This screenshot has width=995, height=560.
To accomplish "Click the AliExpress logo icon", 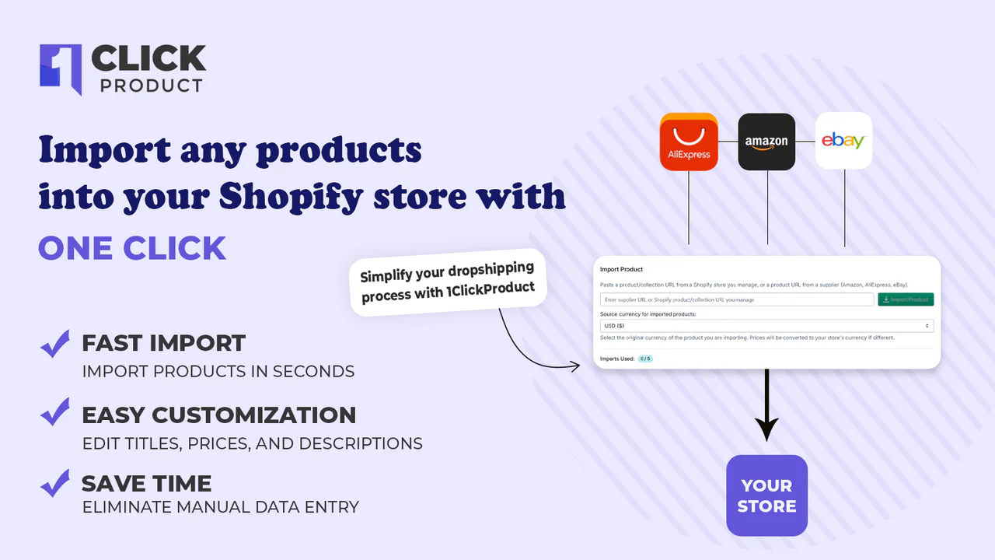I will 689,142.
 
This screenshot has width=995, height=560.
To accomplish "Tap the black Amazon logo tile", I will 766,142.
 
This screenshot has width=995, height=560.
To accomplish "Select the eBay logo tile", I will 843,141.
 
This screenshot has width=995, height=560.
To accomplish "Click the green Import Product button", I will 906,299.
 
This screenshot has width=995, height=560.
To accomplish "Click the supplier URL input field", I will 737,299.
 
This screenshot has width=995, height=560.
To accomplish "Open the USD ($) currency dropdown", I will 766,326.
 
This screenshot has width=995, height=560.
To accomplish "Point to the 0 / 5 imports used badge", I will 644,359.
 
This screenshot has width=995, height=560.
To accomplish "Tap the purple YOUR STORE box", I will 766,495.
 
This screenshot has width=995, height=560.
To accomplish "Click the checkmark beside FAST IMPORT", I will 55,344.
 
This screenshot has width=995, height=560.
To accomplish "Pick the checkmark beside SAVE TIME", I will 55,483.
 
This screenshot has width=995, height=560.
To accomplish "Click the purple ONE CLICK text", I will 132,248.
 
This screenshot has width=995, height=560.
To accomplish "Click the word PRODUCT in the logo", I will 152,86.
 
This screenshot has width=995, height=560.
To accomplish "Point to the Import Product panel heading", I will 621,269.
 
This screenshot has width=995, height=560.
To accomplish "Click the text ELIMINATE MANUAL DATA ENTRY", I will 221,507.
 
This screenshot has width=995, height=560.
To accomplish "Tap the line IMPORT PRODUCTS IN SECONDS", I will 218,371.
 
